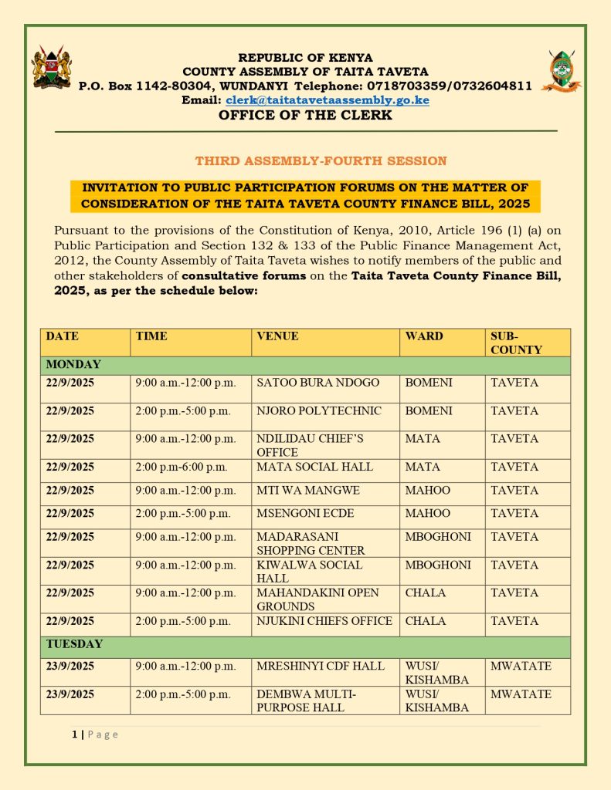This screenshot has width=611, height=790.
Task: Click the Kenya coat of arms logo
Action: (52, 67)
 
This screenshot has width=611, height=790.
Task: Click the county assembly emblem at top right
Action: (562, 71)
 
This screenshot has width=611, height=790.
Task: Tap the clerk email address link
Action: (328, 100)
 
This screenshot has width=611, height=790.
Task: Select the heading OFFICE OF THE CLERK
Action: (305, 116)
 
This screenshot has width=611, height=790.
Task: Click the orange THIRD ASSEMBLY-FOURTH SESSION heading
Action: (321, 161)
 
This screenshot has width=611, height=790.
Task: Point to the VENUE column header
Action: (277, 336)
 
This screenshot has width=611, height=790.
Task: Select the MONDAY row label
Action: (73, 364)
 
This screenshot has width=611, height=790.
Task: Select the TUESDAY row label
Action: (74, 644)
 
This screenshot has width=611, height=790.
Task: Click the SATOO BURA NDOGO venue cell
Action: (317, 383)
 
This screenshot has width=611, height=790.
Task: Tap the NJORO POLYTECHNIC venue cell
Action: (318, 411)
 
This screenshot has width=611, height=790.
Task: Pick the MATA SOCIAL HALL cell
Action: (314, 467)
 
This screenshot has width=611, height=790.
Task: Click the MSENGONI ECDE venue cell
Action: (301, 514)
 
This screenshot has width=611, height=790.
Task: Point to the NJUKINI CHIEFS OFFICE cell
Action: (324, 621)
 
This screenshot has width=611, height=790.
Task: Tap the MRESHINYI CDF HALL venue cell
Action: (320, 666)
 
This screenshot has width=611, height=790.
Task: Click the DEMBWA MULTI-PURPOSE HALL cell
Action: (306, 701)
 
